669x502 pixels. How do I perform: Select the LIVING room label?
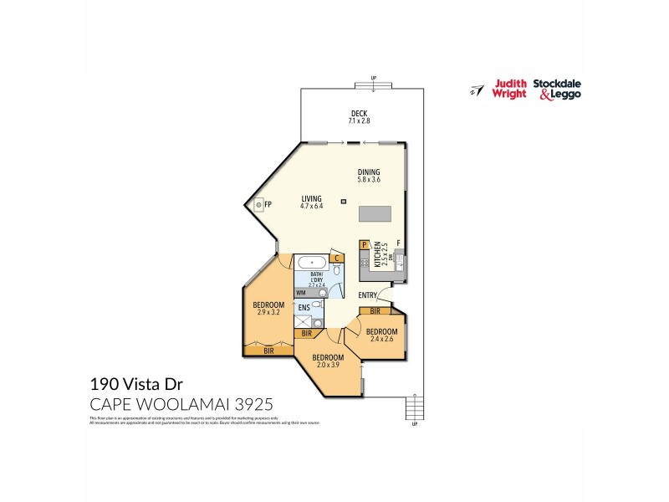pos(311,199)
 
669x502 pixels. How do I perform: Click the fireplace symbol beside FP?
pos(259,203)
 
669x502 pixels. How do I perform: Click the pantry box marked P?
pos(365,244)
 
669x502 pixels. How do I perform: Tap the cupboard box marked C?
pos(336,258)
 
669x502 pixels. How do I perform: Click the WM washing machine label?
pos(301,292)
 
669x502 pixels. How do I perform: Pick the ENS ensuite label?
pos(304,308)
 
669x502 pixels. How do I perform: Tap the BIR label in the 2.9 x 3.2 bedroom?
pos(268,351)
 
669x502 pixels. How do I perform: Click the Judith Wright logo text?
pos(510,89)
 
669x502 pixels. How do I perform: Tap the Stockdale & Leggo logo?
pos(558,89)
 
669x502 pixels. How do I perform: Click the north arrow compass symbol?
pos(477,90)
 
